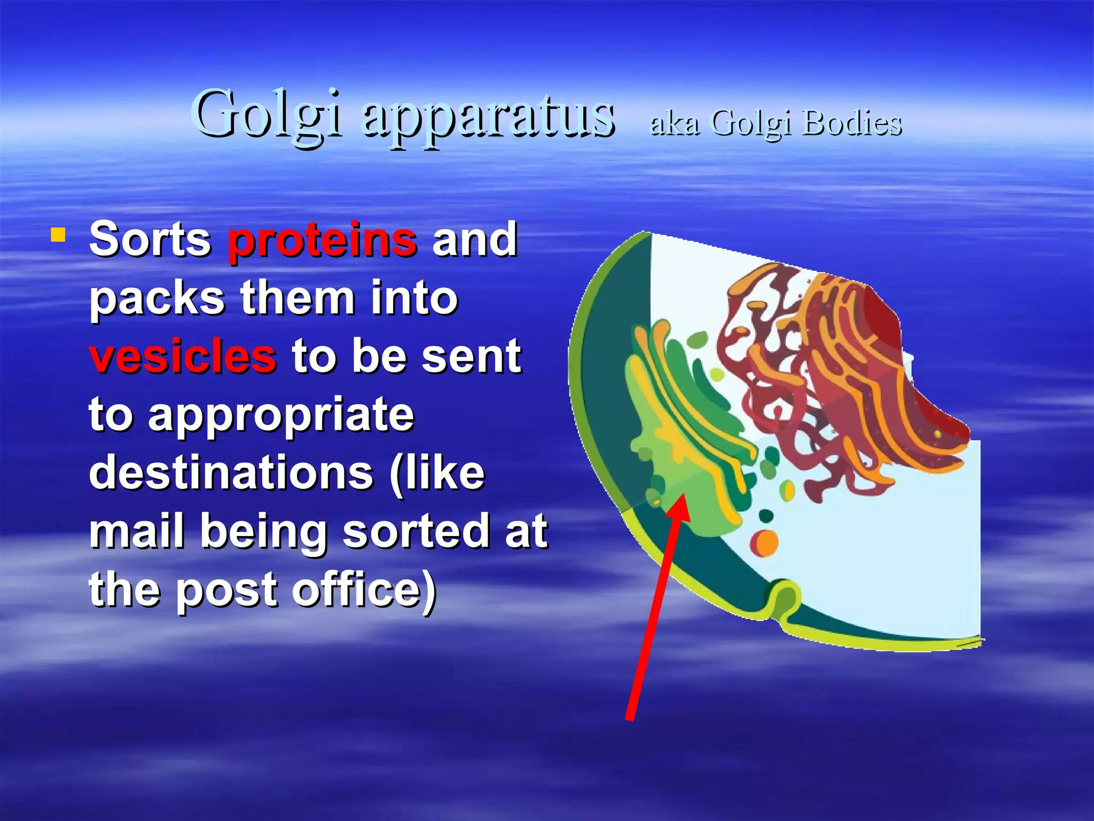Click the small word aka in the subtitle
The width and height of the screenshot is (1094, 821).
[675, 123]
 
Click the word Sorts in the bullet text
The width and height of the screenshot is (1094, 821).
[150, 239]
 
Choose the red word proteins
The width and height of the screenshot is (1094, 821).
[322, 239]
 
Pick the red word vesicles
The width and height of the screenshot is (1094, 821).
[183, 357]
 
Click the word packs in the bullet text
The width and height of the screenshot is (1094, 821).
[157, 298]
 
